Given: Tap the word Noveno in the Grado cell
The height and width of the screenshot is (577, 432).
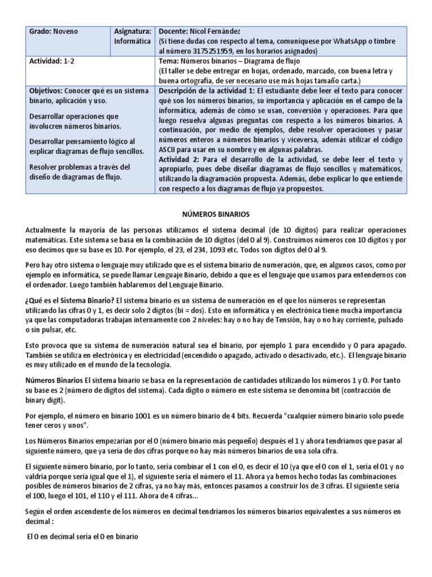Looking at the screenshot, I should click(x=66, y=32).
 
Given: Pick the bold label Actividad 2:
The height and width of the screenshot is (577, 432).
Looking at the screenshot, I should click(x=182, y=159).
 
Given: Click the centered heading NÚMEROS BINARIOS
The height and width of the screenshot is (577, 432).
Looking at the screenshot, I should click(x=216, y=215).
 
